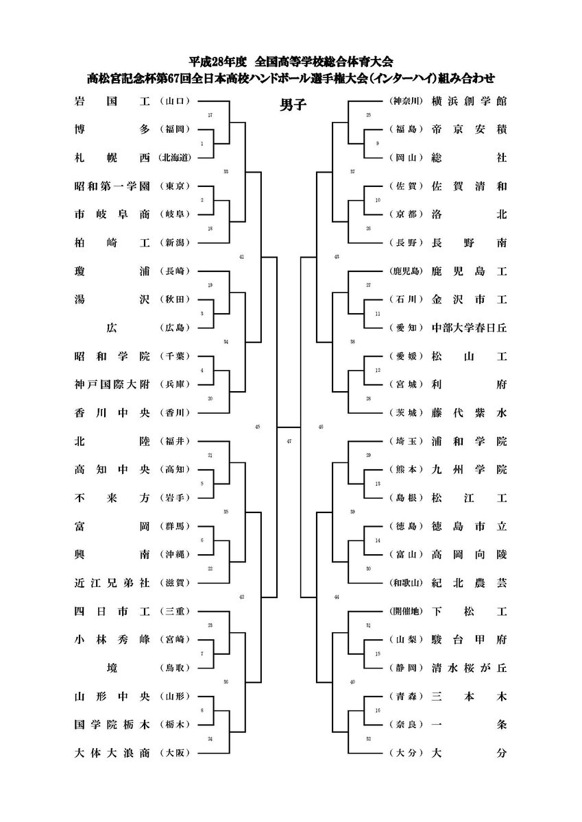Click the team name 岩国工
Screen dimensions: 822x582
click(112, 101)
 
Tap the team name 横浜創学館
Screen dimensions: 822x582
click(469, 101)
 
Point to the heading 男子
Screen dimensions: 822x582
click(292, 105)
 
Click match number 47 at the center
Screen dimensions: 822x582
click(289, 441)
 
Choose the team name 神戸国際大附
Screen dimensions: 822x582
click(112, 384)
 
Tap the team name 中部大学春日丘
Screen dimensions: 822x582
click(469, 327)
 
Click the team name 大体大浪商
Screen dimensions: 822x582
click(112, 753)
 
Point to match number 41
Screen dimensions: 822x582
click(241, 257)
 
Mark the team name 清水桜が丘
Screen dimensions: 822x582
click(469, 667)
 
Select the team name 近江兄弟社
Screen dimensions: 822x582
click(112, 582)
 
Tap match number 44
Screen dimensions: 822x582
click(336, 597)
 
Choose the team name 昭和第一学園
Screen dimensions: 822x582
click(112, 186)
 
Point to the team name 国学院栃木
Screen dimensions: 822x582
click(112, 724)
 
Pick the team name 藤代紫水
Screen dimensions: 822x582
click(469, 412)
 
